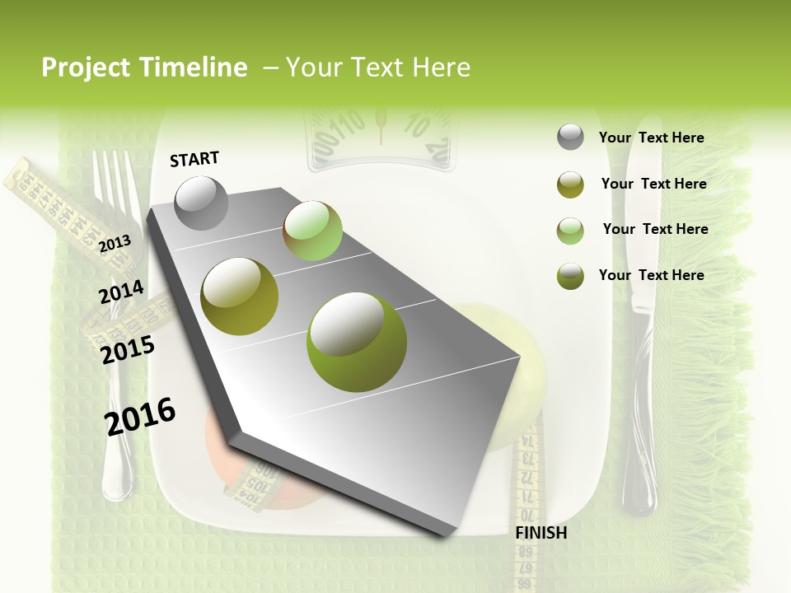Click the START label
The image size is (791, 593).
point(194,159)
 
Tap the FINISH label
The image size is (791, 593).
point(541,533)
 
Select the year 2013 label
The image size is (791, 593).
point(115,243)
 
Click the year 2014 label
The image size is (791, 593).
point(121,292)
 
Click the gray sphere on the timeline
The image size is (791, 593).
point(201,203)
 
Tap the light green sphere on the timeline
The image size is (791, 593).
point(312,231)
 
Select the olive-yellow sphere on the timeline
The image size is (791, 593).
point(239,296)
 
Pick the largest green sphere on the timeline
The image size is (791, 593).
point(356,342)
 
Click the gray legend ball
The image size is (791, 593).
point(570,138)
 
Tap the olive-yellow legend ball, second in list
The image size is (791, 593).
point(570,184)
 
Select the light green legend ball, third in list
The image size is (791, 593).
point(570,231)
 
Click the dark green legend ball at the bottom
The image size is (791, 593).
point(570,276)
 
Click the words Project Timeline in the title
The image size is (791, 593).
point(144,68)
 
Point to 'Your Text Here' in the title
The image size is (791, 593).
point(378,68)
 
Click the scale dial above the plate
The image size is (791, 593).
point(380,136)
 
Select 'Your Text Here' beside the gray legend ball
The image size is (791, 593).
point(651,138)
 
